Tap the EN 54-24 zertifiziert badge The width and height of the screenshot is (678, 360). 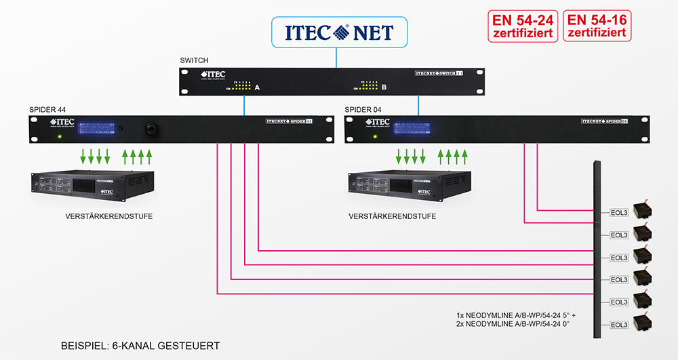click(x=523, y=26)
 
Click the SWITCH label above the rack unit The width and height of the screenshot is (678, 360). click(x=195, y=60)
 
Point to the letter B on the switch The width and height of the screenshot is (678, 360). click(x=384, y=87)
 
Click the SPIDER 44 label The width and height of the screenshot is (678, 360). click(x=47, y=109)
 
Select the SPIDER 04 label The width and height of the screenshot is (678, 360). click(x=363, y=109)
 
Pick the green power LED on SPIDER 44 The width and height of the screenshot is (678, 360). click(x=60, y=136)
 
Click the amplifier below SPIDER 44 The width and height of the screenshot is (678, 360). click(x=92, y=187)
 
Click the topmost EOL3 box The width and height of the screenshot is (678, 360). click(x=619, y=213)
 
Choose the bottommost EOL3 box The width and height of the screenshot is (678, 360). click(x=619, y=325)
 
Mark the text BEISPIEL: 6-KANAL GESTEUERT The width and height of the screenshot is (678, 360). click(x=140, y=346)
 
